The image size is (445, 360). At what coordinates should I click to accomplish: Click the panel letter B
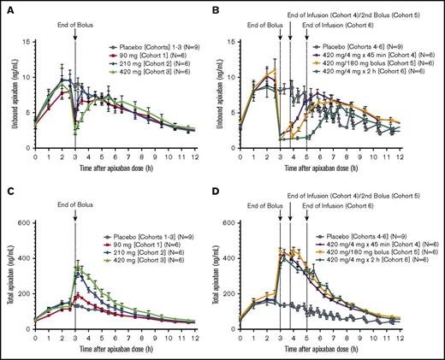(230, 7)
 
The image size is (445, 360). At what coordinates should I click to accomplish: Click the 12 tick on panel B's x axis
(434, 156)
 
